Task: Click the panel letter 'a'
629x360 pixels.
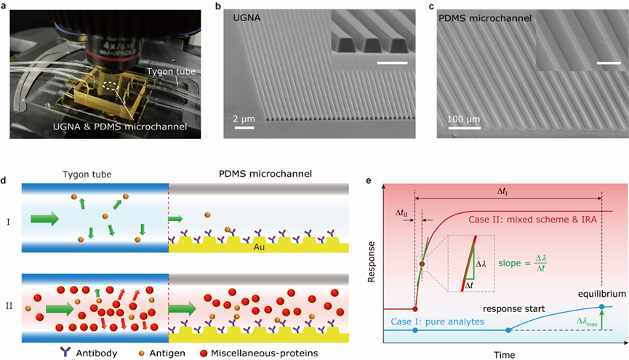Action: coord(12,7)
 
